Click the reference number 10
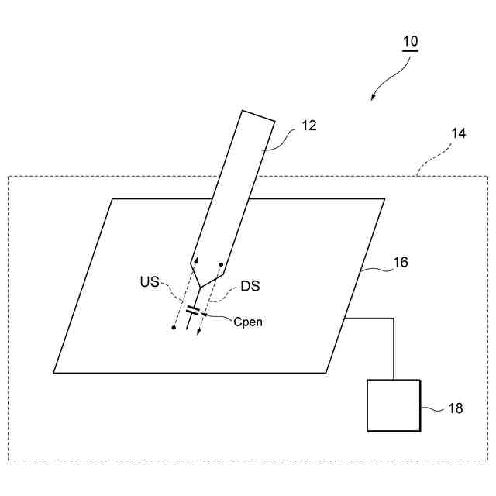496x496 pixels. [410, 41]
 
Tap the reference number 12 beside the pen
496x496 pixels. [308, 125]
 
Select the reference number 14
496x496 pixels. [458, 133]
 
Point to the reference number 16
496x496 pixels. [400, 263]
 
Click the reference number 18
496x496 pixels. [455, 408]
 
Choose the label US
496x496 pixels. [150, 282]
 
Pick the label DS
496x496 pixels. [250, 286]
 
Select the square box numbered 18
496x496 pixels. [394, 405]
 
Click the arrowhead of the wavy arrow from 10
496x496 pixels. [374, 98]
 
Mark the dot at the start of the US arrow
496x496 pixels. [174, 328]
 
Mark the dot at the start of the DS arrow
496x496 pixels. [222, 265]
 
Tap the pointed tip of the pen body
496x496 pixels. [200, 288]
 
